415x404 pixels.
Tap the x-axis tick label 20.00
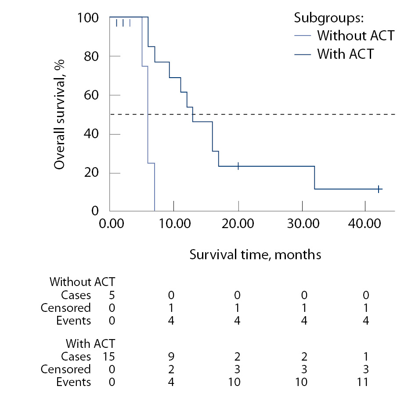(x=238, y=223)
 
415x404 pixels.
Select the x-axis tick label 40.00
(x=365, y=223)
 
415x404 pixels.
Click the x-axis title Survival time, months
(x=255, y=254)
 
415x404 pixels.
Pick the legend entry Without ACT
(x=356, y=35)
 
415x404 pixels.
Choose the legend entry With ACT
(x=345, y=54)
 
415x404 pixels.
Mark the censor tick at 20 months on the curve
(x=238, y=166)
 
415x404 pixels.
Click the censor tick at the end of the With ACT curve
(x=378, y=189)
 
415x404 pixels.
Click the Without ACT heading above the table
(x=83, y=282)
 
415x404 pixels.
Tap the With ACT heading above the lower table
(x=90, y=343)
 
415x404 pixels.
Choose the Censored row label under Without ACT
(x=65, y=307)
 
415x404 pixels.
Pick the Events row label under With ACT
(x=73, y=382)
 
